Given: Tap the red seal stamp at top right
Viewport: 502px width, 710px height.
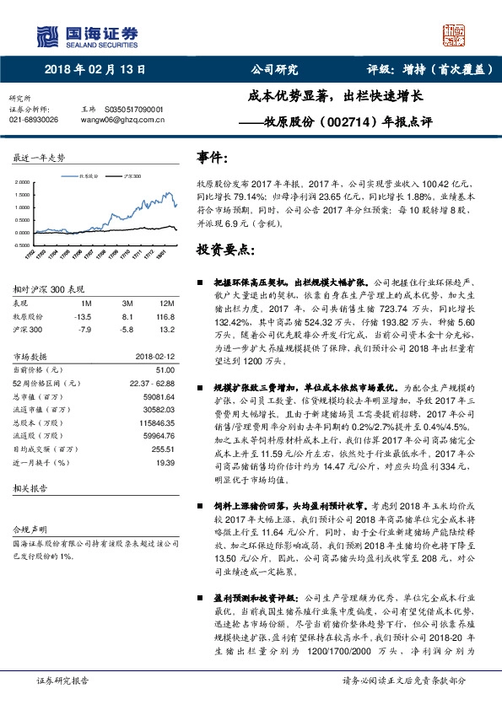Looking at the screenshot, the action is tap(456, 35).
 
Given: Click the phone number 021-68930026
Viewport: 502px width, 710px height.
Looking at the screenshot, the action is tap(33, 120).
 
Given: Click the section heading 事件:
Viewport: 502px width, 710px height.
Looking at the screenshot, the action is tap(212, 157).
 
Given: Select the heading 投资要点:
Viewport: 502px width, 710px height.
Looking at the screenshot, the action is tap(224, 250).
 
